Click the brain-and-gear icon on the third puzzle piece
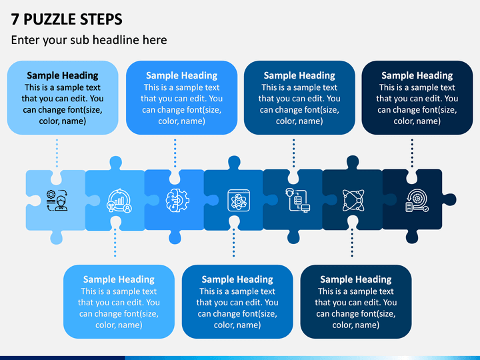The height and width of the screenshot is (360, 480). [x=177, y=201]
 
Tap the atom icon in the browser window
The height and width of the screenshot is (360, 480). [x=239, y=201]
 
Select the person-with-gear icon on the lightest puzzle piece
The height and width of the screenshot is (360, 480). [x=57, y=201]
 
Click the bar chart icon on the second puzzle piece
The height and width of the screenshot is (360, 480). [x=119, y=201]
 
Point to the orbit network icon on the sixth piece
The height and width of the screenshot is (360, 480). [x=353, y=201]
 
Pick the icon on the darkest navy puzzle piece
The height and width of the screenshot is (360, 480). [x=417, y=201]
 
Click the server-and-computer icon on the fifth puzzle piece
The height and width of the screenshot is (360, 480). [x=297, y=200]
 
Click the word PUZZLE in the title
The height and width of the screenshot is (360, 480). [x=49, y=19]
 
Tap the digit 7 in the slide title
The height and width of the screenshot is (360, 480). [x=15, y=19]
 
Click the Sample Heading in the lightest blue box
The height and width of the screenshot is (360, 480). [x=63, y=75]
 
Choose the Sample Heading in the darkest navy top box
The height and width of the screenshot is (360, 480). [x=417, y=75]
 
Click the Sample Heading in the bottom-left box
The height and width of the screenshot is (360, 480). [x=119, y=279]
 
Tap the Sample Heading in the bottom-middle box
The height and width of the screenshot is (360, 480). [x=237, y=279]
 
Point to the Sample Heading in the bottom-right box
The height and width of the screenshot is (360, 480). [x=356, y=279]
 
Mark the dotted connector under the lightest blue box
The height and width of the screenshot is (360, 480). [x=57, y=153]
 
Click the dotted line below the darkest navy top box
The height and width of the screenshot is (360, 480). [x=412, y=153]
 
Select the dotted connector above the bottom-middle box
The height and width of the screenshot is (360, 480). [x=233, y=243]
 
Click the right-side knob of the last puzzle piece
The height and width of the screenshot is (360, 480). [x=449, y=199]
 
